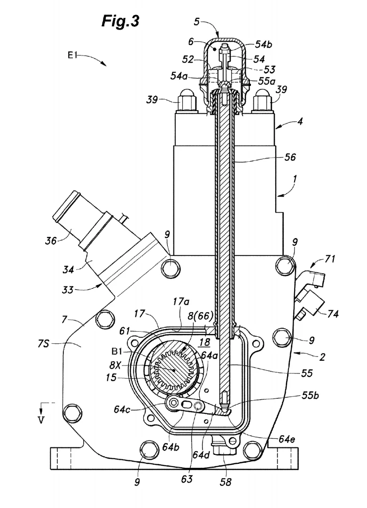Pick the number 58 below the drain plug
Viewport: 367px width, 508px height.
[x=226, y=482]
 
